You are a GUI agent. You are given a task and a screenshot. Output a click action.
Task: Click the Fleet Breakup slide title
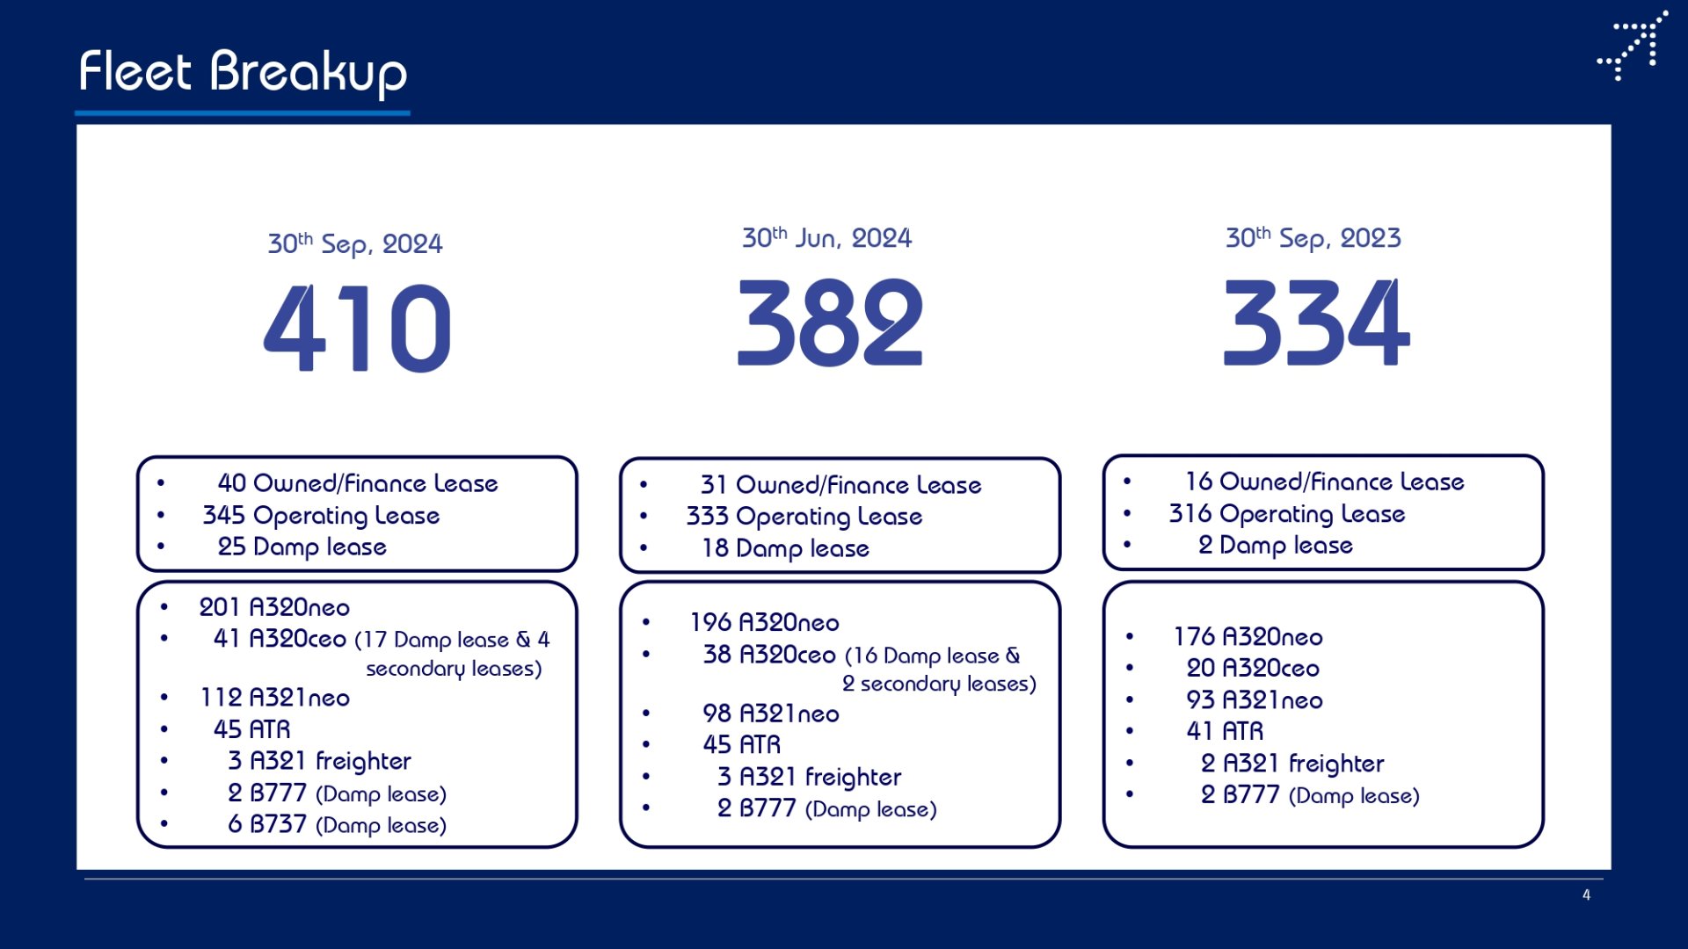243,71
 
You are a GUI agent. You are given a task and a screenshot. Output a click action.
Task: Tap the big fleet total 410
357,328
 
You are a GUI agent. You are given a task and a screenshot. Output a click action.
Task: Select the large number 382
830,322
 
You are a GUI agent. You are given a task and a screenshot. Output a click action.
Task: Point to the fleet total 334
1316,322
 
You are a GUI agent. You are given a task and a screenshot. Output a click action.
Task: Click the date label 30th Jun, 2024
826,237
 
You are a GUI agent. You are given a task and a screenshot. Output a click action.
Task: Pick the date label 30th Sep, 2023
1313,237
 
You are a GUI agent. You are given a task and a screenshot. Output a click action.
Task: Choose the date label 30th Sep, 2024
355,243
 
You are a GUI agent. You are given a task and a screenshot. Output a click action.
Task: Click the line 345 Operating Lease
321,516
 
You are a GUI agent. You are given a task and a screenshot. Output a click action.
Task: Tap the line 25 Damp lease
302,547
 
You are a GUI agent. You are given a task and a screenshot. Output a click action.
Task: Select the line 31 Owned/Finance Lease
840,485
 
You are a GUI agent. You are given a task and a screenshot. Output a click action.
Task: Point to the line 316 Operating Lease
1287,514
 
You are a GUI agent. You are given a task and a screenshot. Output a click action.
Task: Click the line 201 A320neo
274,607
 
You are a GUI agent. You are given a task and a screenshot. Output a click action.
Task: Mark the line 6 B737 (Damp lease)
337,824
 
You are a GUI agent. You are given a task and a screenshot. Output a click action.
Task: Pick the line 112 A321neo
274,698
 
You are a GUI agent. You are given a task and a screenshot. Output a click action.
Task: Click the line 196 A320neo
764,623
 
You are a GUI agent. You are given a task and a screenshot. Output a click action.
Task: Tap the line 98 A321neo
770,714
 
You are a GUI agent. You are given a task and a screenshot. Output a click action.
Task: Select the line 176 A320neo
1248,637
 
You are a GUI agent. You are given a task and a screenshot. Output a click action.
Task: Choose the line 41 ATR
1225,731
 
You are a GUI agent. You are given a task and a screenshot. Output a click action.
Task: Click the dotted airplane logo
1633,46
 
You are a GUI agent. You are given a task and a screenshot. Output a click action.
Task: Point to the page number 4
1586,895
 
